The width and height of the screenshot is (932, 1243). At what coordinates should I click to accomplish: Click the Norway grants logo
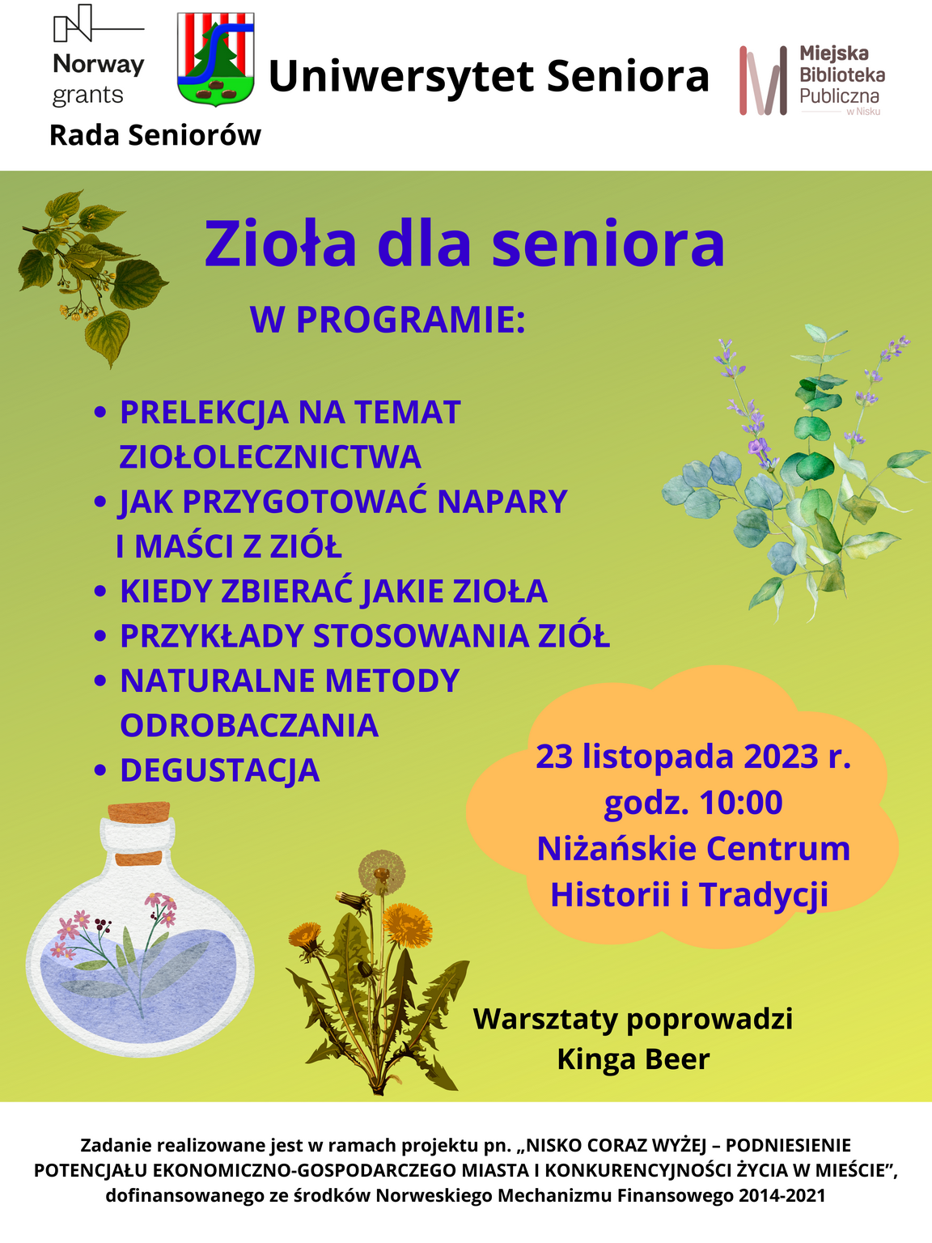tap(99, 56)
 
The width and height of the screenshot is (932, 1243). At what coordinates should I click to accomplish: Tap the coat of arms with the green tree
tap(215, 59)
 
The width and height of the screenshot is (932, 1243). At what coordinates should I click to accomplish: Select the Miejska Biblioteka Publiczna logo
tap(812, 80)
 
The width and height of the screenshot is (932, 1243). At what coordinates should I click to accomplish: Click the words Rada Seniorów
tap(155, 136)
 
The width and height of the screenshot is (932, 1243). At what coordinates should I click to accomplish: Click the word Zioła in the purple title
tap(280, 244)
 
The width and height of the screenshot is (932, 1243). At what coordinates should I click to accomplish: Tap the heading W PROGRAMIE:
tap(388, 320)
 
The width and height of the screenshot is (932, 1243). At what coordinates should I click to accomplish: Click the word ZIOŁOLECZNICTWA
tap(270, 457)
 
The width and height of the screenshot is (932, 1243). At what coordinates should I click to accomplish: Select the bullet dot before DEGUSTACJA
tap(100, 770)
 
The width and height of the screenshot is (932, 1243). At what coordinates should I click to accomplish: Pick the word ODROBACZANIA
tap(249, 725)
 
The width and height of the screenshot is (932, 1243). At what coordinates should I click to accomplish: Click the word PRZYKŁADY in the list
tap(212, 636)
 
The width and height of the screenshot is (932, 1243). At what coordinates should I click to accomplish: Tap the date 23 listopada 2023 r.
tap(693, 756)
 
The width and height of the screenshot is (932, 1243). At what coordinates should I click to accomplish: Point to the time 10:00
tap(741, 802)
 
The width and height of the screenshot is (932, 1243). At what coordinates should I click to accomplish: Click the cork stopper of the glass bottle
tap(138, 812)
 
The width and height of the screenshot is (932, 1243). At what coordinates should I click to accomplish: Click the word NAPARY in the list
tap(502, 501)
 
